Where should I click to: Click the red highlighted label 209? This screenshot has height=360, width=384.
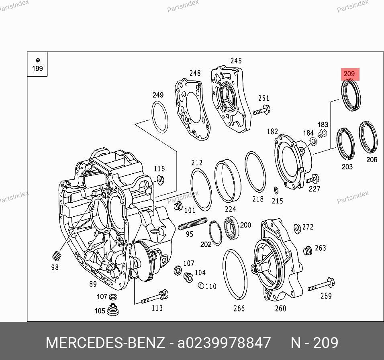click(x=350, y=74)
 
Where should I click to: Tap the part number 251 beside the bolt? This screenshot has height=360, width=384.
click(x=263, y=98)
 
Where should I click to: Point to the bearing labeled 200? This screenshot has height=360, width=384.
click(x=231, y=228)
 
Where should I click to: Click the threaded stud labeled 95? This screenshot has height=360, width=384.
click(x=192, y=224)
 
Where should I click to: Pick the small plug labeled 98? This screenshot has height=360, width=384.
click(x=57, y=256)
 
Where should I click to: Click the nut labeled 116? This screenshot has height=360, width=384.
click(x=160, y=180)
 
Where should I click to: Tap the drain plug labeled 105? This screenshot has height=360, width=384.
click(x=113, y=309)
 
